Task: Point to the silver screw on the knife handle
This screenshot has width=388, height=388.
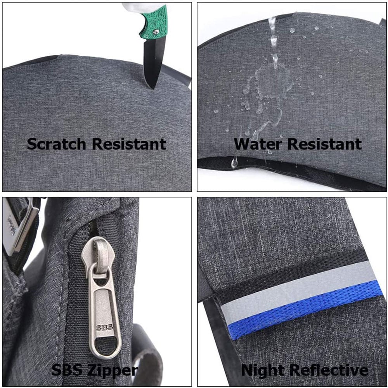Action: pyautogui.click(x=156, y=31)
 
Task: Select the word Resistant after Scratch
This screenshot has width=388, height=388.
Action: pyautogui.click(x=129, y=144)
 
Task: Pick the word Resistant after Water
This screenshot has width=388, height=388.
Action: pyautogui.click(x=325, y=144)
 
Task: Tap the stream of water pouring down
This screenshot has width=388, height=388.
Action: pyautogui.click(x=273, y=42)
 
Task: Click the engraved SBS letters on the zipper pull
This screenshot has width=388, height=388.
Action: pyautogui.click(x=104, y=327)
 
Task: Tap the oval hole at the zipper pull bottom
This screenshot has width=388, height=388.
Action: pyautogui.click(x=105, y=345)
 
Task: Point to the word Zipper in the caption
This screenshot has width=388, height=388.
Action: pyautogui.click(x=113, y=371)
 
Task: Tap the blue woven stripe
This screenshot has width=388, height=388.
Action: pyautogui.click(x=306, y=310)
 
